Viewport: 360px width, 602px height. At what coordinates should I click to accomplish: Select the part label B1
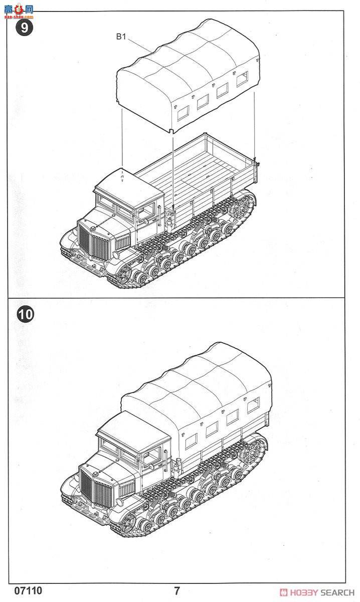click(x=122, y=36)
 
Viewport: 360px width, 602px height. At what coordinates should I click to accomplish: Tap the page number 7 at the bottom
click(x=176, y=591)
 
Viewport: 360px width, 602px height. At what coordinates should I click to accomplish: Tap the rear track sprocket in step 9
click(x=246, y=207)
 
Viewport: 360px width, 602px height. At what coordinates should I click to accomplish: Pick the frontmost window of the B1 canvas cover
click(x=181, y=111)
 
